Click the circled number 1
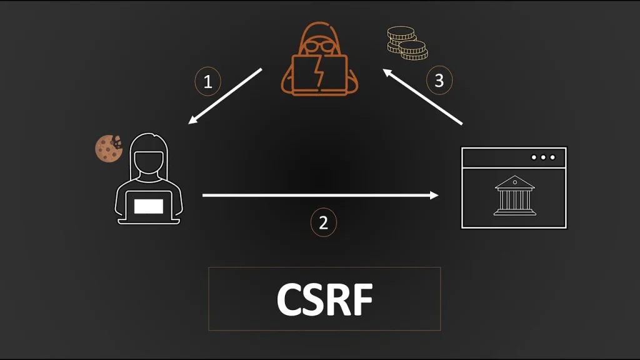pyautogui.click(x=208, y=82)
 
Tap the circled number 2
pyautogui.click(x=323, y=222)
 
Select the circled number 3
pyautogui.click(x=439, y=81)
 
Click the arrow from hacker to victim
pyautogui.click(x=225, y=96)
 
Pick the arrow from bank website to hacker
pyautogui.click(x=423, y=97)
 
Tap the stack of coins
pyautogui.click(x=405, y=43)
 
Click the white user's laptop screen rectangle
pyautogui.click(x=149, y=206)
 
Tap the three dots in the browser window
pyautogui.click(x=543, y=157)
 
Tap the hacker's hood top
pyautogui.click(x=319, y=28)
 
